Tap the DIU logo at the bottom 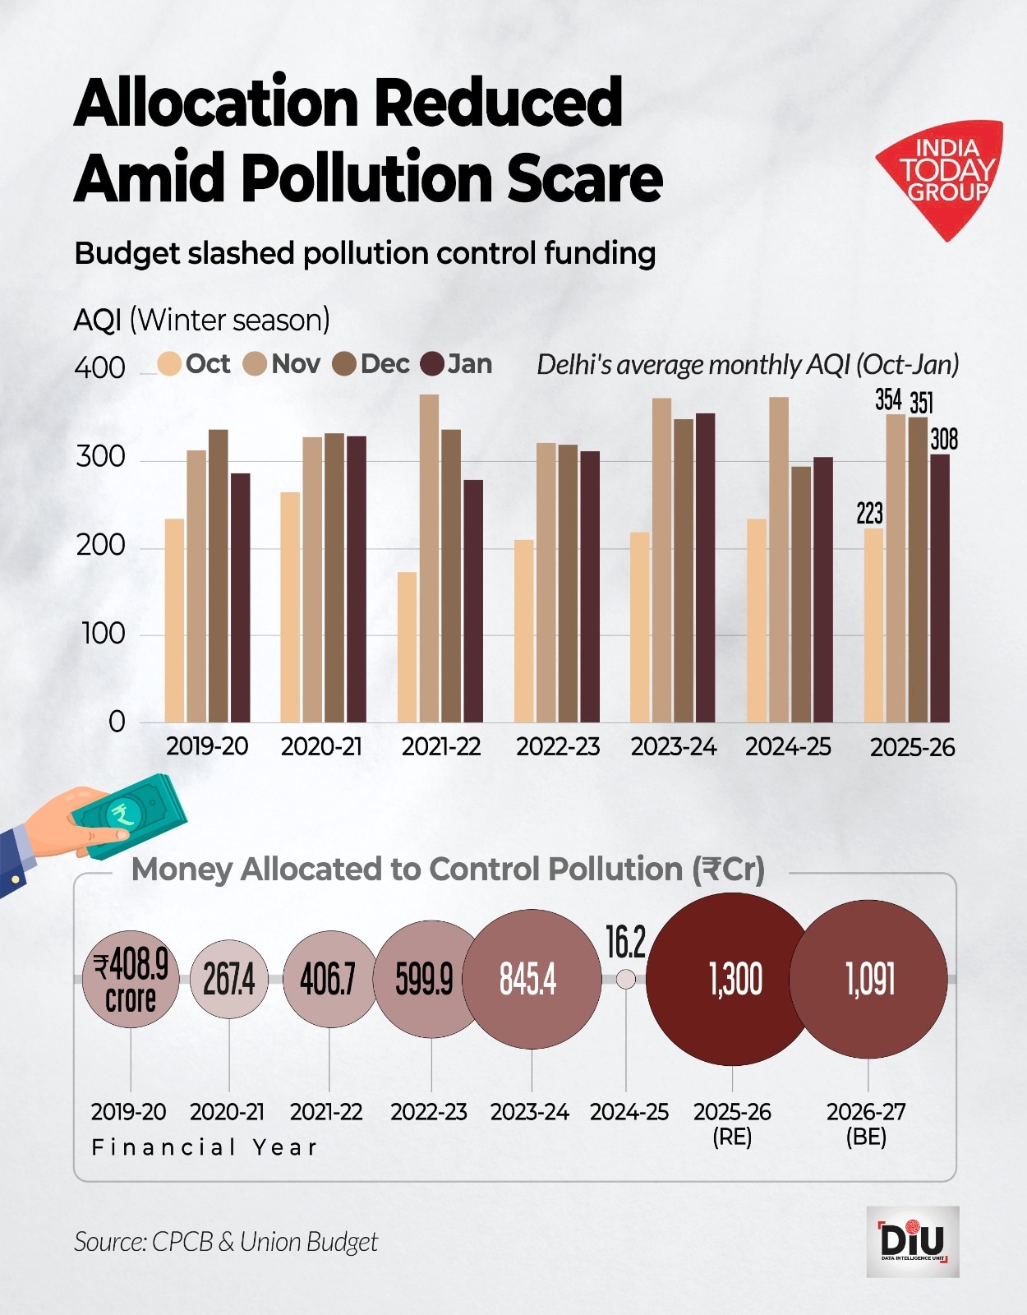(912, 1241)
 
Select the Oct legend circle (169, 364)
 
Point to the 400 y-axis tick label (99, 367)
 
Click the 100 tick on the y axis (104, 634)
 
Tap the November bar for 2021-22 (429, 559)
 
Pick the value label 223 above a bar (869, 514)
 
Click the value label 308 (944, 440)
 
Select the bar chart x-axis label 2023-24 (674, 746)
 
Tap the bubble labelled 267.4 (229, 979)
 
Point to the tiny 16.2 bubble (625, 979)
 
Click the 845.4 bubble (531, 979)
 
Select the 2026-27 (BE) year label (866, 1123)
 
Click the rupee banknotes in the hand (131, 814)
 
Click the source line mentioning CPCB (226, 1241)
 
